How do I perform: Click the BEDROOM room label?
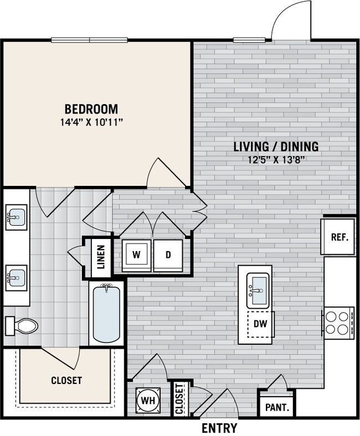click(x=91, y=108)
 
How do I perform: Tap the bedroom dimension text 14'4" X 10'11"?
click(x=91, y=122)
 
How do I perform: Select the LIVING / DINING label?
click(x=276, y=147)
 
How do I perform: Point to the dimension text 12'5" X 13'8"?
click(x=276, y=160)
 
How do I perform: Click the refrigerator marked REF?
click(x=339, y=237)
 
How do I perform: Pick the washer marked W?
click(x=136, y=255)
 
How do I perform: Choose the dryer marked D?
click(x=168, y=255)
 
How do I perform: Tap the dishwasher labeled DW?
click(x=260, y=324)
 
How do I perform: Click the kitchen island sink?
click(x=258, y=290)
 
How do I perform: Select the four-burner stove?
click(x=338, y=323)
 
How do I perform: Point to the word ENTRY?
click(x=219, y=428)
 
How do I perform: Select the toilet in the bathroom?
click(x=22, y=325)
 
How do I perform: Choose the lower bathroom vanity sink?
click(x=16, y=274)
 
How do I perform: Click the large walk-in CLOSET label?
click(x=66, y=381)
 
